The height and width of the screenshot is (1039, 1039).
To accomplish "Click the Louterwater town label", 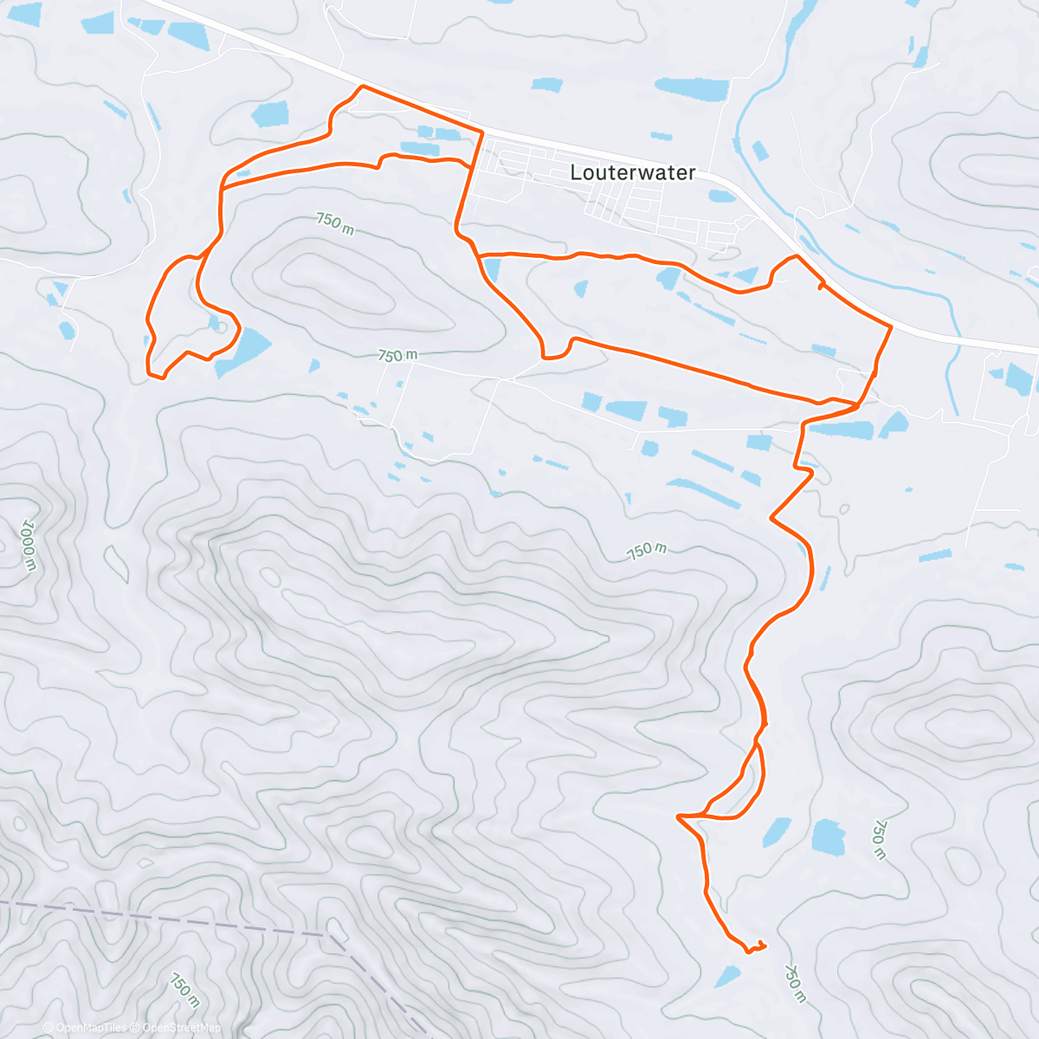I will [x=633, y=172].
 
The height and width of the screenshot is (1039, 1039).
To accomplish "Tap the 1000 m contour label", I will [x=28, y=545].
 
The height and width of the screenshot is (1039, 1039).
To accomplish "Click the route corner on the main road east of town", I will [x=891, y=326].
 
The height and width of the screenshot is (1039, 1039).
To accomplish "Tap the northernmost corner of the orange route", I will [x=362, y=87].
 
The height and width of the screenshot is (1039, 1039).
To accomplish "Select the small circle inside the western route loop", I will [x=223, y=327].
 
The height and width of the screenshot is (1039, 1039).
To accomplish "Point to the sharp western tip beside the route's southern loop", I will [x=679, y=816].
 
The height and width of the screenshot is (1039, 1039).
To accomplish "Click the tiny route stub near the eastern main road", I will [x=820, y=286].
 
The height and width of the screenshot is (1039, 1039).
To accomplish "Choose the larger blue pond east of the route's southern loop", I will [x=828, y=836].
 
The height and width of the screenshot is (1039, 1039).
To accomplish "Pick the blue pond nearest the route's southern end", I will [x=727, y=977].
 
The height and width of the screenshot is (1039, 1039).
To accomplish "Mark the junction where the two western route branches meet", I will [x=222, y=186].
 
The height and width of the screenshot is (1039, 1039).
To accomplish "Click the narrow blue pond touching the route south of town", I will [x=490, y=271].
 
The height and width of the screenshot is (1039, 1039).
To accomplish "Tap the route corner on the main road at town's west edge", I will [x=481, y=131].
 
